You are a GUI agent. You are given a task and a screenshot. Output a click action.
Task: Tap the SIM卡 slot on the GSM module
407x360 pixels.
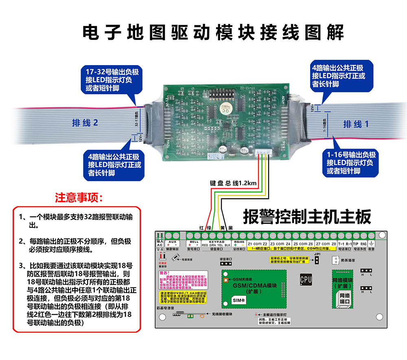[238, 300]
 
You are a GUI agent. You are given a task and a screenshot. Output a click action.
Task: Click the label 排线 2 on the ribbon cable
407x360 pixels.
[85, 122]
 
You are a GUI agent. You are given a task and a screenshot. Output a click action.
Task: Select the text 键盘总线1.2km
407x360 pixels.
[233, 183]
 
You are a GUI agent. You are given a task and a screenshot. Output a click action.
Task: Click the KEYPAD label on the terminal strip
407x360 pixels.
[216, 241]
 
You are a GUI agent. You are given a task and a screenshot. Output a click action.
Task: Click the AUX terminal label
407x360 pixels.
[172, 241]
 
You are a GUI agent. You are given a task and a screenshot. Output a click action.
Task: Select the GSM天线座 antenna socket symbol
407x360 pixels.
[225, 280]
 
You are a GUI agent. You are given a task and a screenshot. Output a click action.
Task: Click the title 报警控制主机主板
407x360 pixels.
[307, 217]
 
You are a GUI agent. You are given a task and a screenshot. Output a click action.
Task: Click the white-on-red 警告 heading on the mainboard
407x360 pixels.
[164, 273]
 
